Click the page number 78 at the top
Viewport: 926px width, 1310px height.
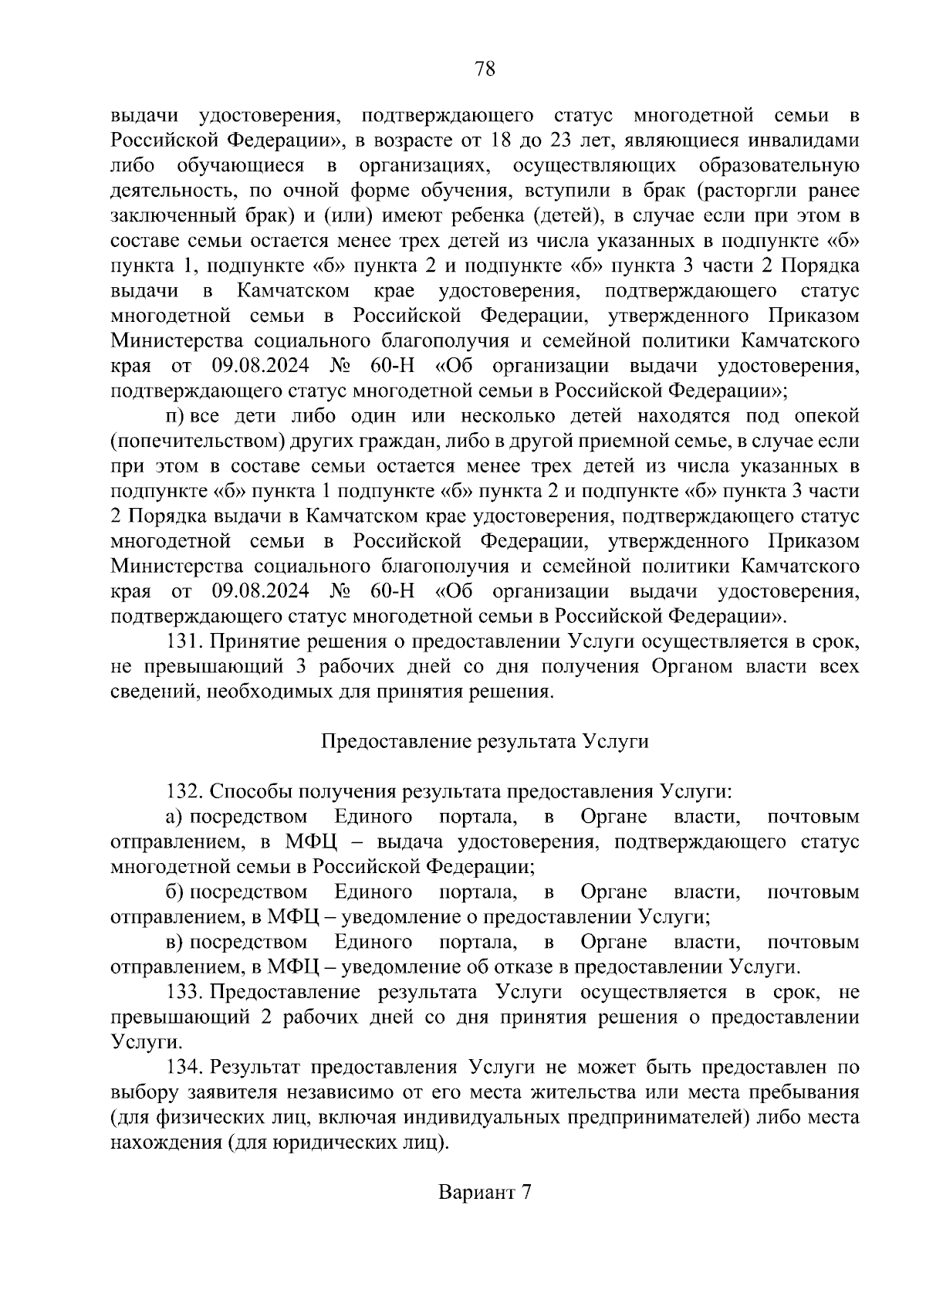coord(485,69)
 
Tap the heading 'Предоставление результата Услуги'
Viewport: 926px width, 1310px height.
coord(485,741)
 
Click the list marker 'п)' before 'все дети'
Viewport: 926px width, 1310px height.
coord(174,416)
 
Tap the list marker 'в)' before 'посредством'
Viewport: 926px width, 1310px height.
coord(174,942)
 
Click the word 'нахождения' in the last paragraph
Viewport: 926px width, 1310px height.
coord(164,1142)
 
